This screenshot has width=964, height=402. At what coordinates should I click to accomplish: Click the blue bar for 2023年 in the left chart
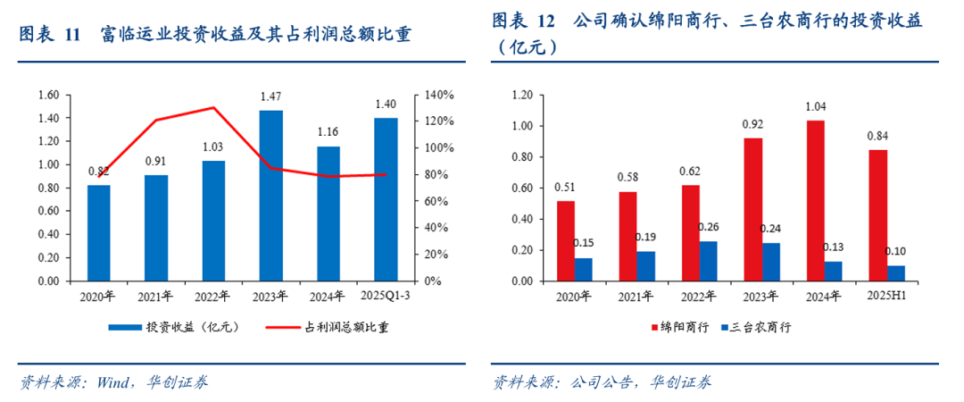(x=270, y=196)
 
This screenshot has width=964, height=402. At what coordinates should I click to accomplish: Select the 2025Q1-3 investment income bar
(x=386, y=199)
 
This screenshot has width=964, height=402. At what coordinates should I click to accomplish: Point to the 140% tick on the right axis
(x=440, y=95)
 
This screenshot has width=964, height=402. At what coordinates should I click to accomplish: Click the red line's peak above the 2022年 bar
(x=213, y=108)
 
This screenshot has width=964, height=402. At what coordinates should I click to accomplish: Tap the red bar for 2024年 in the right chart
(x=815, y=201)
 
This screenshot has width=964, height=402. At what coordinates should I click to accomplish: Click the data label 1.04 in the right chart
(x=815, y=106)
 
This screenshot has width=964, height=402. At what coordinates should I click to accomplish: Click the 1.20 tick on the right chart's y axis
(x=520, y=95)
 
